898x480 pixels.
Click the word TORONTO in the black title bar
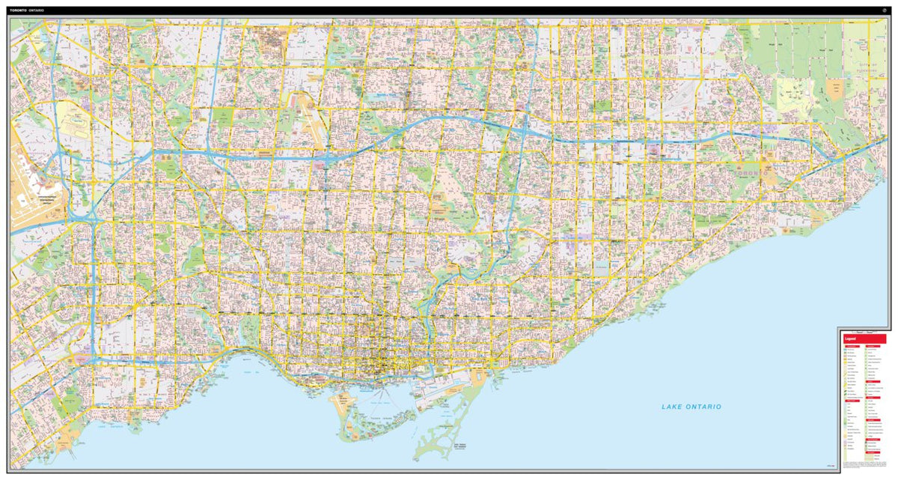[18, 11]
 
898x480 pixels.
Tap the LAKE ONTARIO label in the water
[691, 407]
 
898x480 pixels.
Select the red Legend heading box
[864, 339]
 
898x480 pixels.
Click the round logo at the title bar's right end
[884, 11]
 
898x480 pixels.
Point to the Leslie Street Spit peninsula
[442, 438]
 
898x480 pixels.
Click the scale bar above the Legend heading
[864, 331]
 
